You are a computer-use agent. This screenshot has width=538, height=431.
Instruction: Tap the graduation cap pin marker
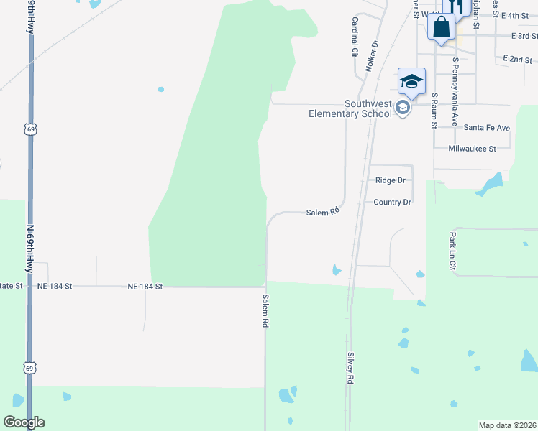pyautogui.click(x=411, y=81)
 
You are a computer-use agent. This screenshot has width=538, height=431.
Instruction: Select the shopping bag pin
pyautogui.click(x=441, y=27)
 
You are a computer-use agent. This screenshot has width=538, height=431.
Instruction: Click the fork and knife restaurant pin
pyautogui.click(x=455, y=6)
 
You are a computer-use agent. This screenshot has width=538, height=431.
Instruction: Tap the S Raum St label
pyautogui.click(x=434, y=111)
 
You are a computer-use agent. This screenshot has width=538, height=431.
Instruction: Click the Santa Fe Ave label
pyautogui.click(x=487, y=128)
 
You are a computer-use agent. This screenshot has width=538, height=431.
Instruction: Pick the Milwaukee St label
pyautogui.click(x=472, y=149)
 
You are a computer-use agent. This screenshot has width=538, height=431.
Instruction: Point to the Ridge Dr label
pyautogui.click(x=391, y=180)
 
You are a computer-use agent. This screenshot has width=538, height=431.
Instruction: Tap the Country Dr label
pyautogui.click(x=392, y=203)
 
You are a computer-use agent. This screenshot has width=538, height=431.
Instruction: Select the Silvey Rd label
pyautogui.click(x=350, y=367)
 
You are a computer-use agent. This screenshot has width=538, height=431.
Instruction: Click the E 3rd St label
pyautogui.click(x=524, y=35)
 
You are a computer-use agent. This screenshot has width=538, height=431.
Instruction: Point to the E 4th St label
pyautogui.click(x=515, y=15)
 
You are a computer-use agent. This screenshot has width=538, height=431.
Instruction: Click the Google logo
pyautogui.click(x=24, y=422)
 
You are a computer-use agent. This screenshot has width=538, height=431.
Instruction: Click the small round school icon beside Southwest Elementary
pyautogui.click(x=403, y=108)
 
